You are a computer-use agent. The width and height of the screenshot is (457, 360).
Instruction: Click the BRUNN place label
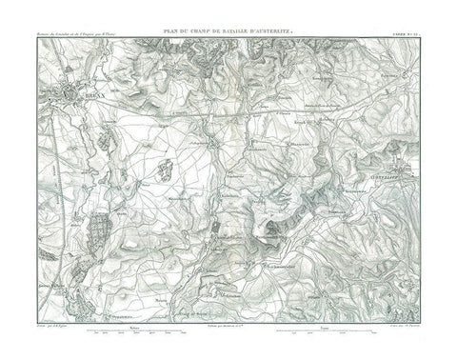click(x=91, y=97)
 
